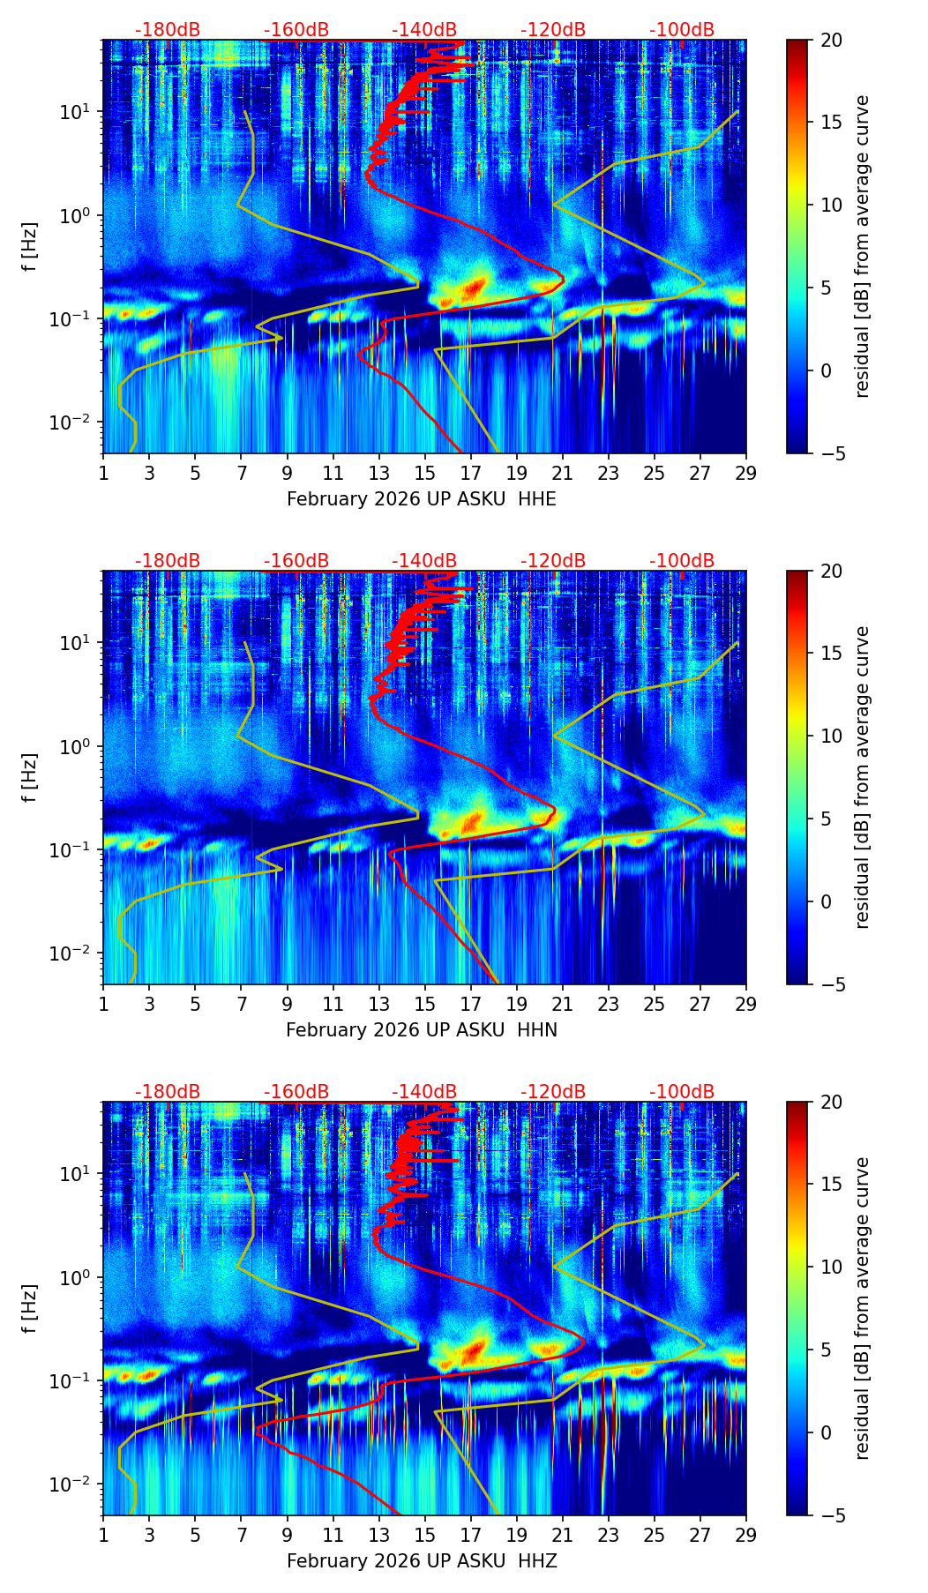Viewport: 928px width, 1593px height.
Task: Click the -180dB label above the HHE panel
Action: click(x=168, y=30)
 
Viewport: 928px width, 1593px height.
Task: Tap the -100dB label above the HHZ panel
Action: click(x=682, y=1092)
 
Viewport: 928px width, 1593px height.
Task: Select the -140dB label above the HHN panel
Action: click(x=424, y=561)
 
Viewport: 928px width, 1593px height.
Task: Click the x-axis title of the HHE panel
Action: click(x=422, y=499)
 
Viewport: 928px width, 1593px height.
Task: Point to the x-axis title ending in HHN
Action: click(x=422, y=1030)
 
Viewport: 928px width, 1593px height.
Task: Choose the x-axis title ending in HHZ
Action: click(x=422, y=1561)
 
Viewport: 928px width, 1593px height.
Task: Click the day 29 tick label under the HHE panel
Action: click(x=746, y=474)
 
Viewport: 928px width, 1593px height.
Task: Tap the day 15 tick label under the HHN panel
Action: click(x=424, y=1005)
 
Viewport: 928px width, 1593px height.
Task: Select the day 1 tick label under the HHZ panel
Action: click(x=103, y=1536)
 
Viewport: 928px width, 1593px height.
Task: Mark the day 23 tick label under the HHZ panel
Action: click(x=609, y=1536)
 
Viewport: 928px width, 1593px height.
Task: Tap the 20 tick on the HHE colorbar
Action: click(x=831, y=40)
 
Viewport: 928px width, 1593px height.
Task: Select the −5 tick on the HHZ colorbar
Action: click(x=831, y=1515)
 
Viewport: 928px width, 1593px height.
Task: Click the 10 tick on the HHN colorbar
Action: click(x=831, y=736)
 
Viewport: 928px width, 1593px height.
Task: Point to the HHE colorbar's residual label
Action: click(x=863, y=246)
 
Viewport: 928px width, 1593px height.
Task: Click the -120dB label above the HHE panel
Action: click(x=553, y=30)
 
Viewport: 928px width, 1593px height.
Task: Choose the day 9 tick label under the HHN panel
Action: click(x=287, y=1005)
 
